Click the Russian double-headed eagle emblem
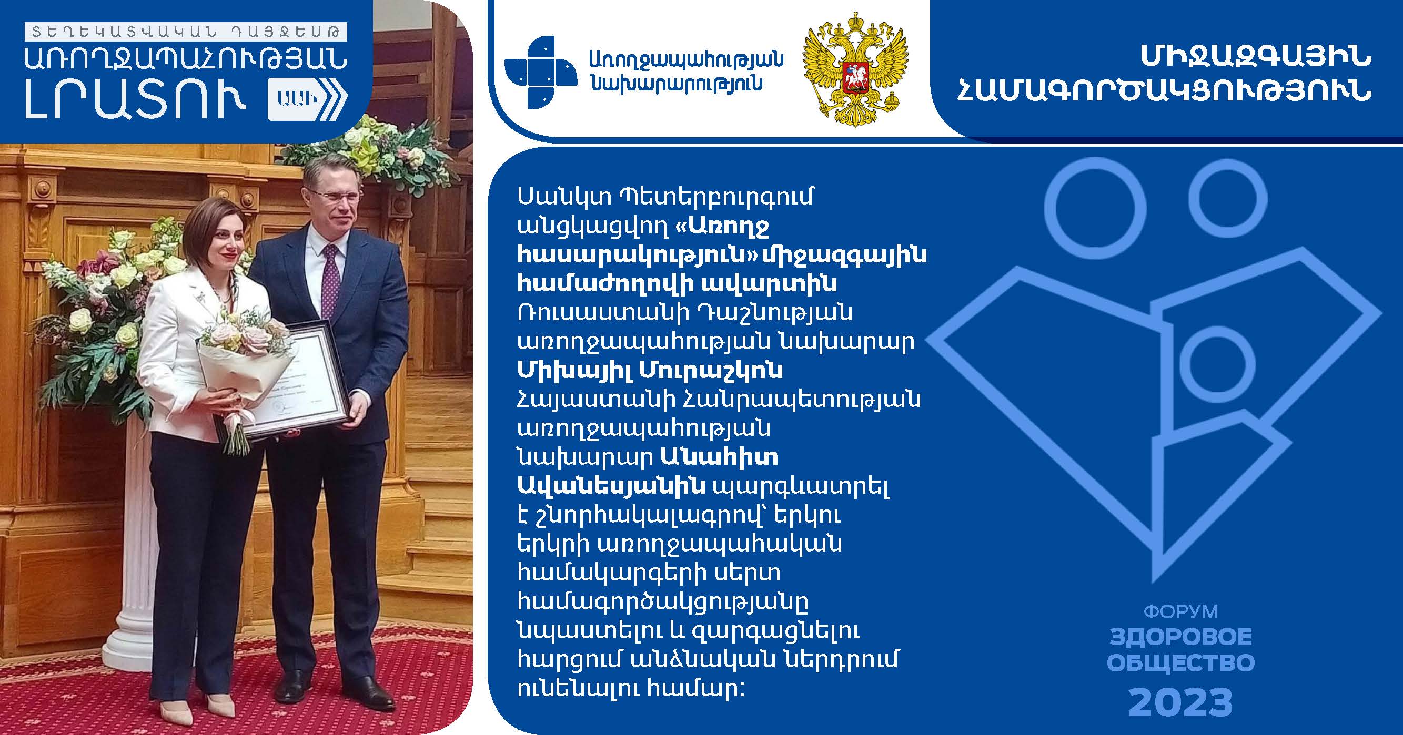855,69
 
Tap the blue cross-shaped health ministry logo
541,72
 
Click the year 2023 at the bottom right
1180,702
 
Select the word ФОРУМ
1180,612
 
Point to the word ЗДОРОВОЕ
1181,637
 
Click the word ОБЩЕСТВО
1181,663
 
